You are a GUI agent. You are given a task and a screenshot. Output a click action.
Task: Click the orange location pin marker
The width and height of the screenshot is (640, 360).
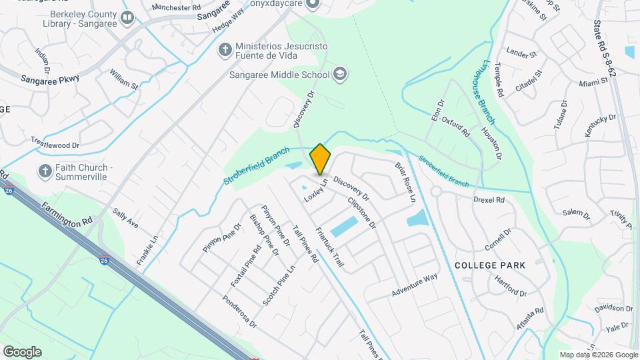321,159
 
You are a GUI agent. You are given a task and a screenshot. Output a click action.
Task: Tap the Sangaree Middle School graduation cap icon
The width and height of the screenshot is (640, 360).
340,74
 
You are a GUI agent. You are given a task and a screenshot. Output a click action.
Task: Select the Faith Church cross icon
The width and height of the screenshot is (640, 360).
45,171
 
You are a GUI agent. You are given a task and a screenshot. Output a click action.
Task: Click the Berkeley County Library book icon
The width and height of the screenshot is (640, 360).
127,18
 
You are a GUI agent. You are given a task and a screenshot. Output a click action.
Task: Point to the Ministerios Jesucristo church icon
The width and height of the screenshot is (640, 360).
225,49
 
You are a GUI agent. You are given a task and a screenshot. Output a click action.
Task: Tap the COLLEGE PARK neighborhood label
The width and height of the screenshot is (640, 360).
489,265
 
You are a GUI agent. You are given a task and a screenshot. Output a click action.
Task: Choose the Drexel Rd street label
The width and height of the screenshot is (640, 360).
489,199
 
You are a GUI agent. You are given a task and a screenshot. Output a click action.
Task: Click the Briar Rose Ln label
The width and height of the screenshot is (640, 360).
405,181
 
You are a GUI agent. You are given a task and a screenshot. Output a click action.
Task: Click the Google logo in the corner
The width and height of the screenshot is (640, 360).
22,351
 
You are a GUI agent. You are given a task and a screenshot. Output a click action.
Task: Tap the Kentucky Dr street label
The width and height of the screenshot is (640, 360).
600,126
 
